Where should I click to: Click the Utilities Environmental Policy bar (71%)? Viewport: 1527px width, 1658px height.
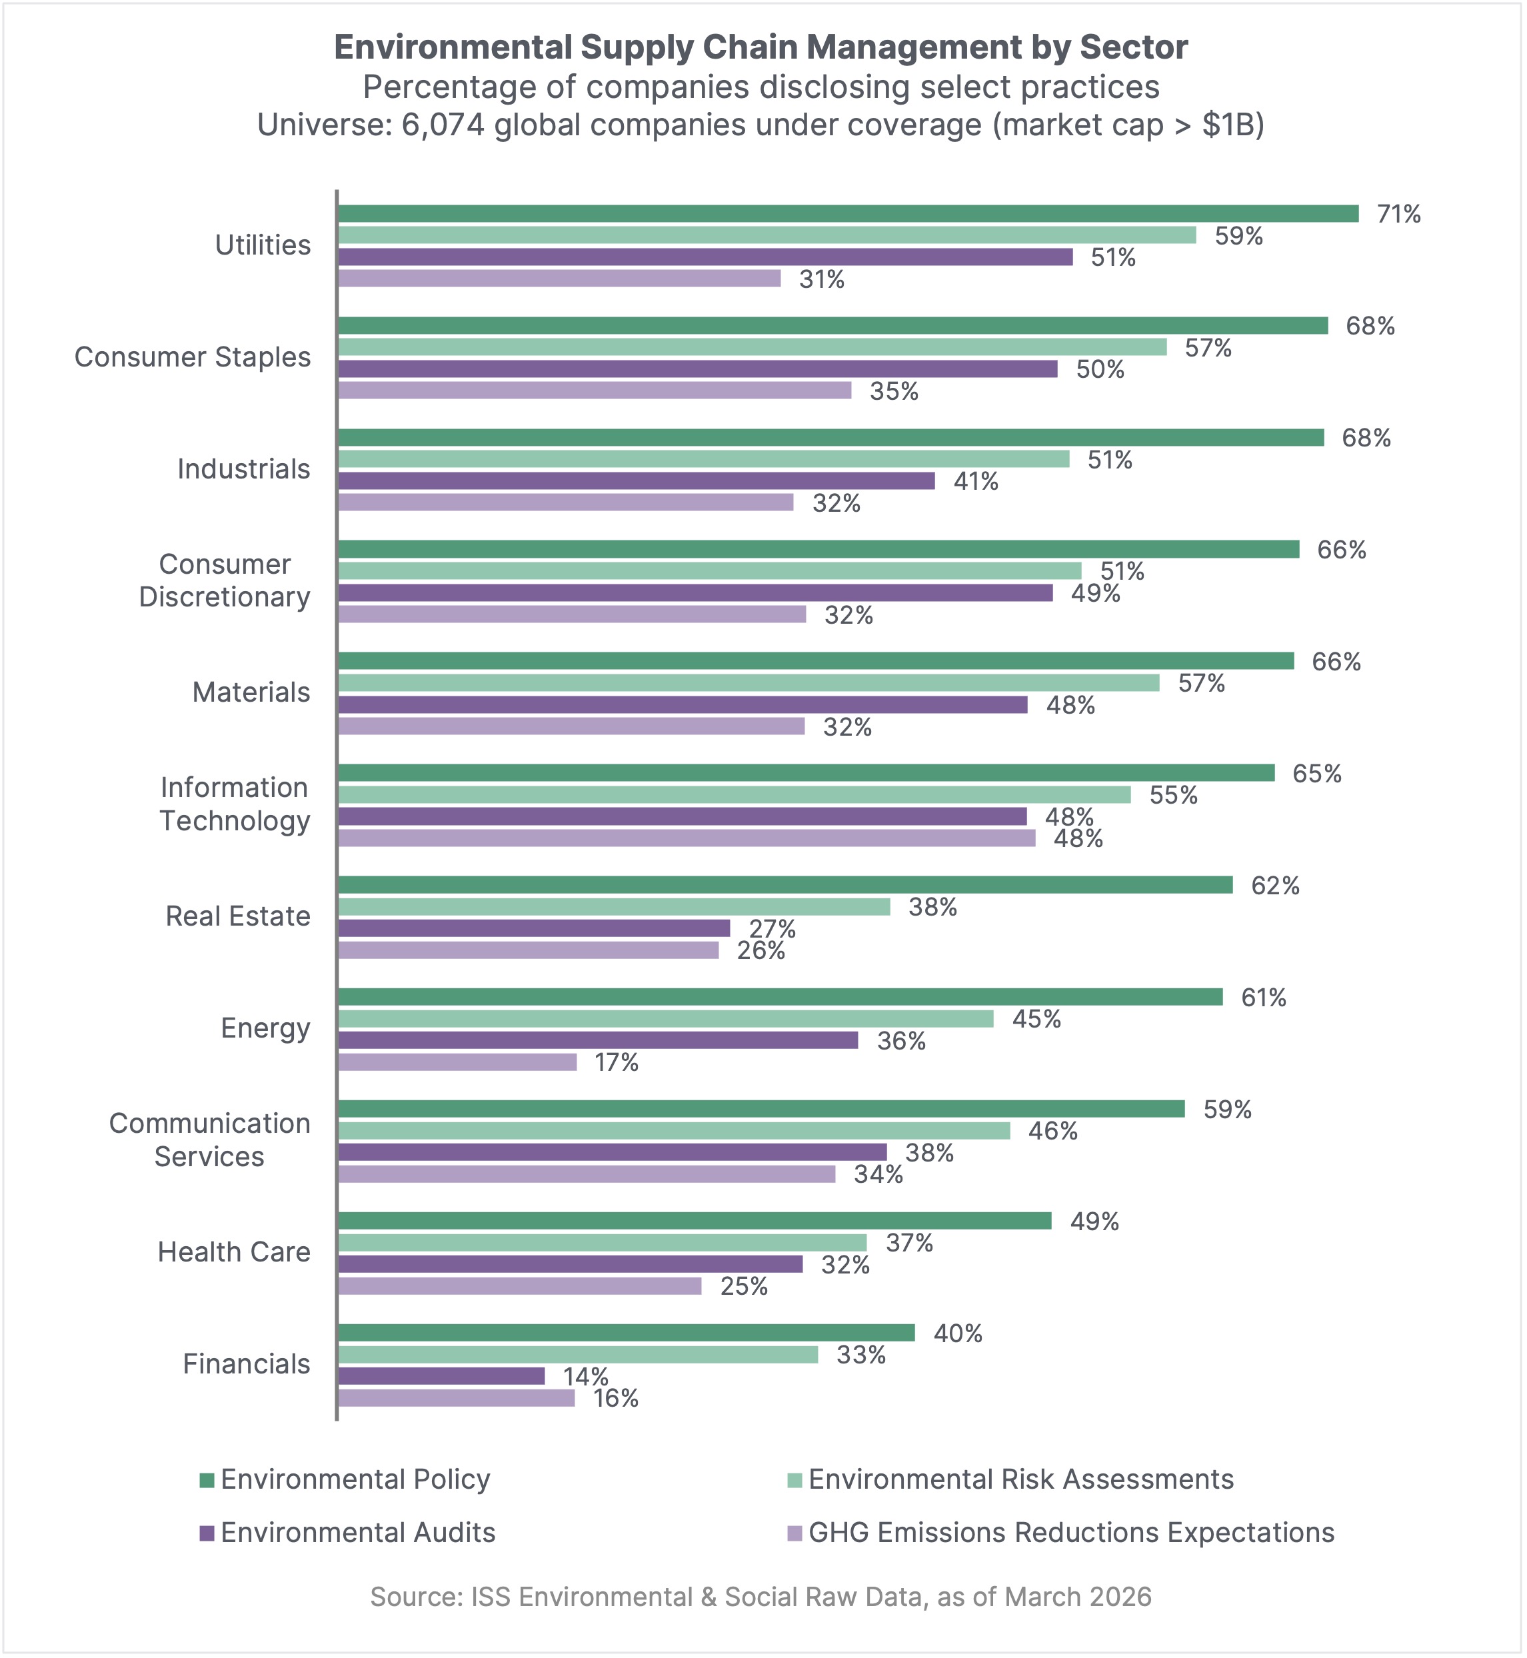848,214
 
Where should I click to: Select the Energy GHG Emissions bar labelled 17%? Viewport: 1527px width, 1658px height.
458,1062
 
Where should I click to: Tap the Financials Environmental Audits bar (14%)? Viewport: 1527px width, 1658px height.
442,1376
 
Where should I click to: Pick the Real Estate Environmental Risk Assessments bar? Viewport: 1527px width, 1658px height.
615,907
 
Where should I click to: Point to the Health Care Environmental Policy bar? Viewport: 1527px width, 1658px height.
695,1221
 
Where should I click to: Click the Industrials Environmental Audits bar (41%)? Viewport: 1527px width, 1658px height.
637,480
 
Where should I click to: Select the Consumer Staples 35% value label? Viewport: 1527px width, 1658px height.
894,392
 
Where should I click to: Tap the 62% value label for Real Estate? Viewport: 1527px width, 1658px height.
1275,886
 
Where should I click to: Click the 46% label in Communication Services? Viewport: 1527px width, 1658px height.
1052,1131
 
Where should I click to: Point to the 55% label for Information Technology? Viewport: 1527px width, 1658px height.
1173,796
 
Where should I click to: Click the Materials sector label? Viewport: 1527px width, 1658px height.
251,692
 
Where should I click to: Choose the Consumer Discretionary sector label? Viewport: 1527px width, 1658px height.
225,580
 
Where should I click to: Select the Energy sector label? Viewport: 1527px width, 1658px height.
265,1028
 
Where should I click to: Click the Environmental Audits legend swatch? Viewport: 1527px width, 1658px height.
207,1534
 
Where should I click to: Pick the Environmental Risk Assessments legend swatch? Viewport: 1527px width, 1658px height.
795,1480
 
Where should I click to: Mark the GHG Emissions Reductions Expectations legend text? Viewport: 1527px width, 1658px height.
1071,1533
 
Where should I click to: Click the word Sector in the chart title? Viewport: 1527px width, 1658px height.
1134,48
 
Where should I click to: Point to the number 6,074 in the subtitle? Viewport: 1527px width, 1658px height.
443,125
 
